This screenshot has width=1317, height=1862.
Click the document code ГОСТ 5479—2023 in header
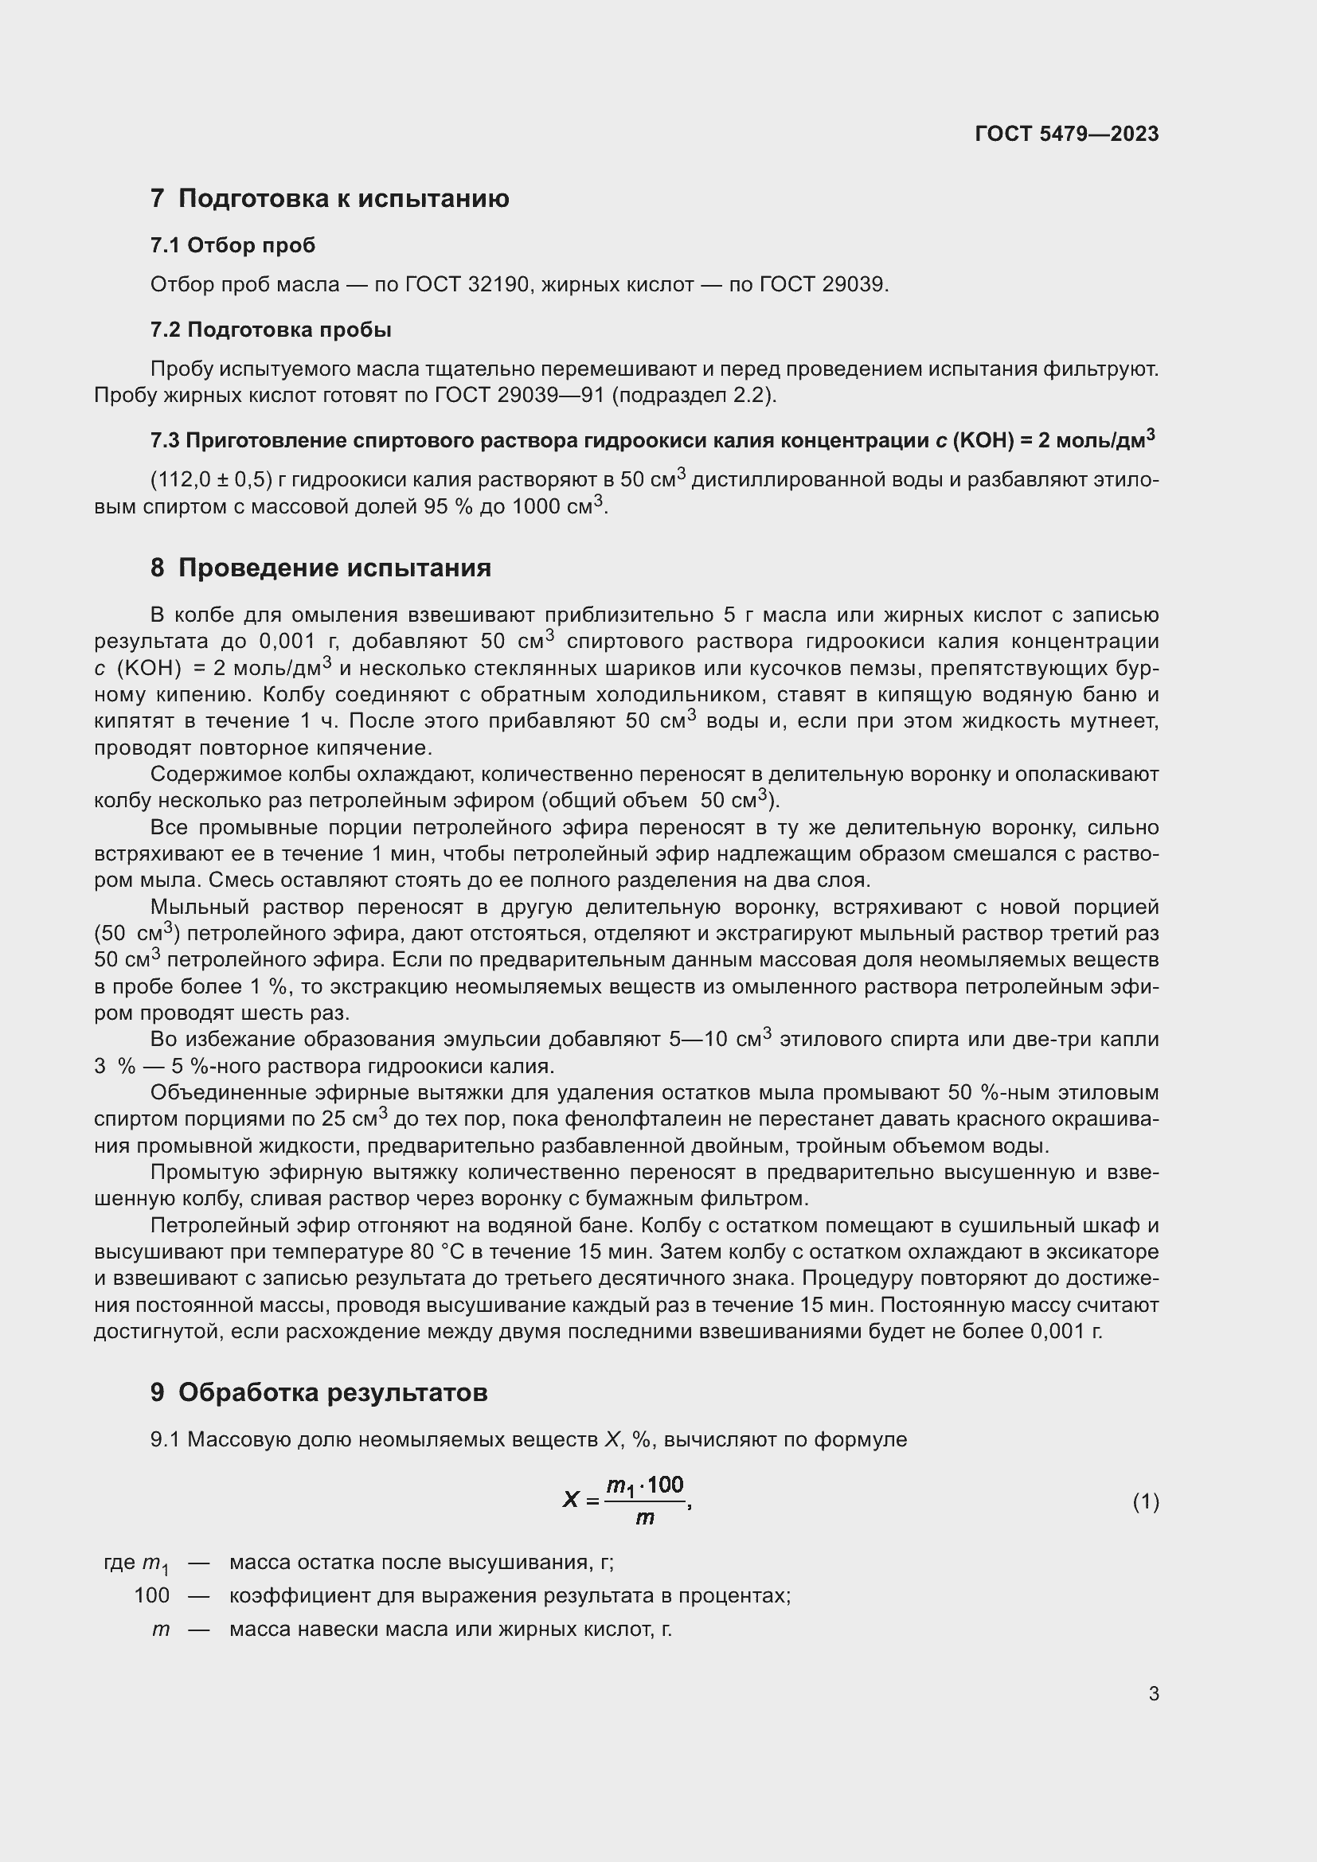coord(1066,134)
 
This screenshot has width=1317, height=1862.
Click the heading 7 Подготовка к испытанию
coord(330,199)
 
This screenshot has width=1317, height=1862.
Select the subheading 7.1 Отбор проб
coord(233,245)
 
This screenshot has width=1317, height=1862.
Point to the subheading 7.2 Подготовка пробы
coord(271,330)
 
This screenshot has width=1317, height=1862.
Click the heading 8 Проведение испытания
coord(320,568)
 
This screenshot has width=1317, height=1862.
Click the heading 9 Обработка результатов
coord(319,1392)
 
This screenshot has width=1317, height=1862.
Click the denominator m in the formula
coord(645,1517)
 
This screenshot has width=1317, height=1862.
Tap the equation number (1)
coord(1145,1502)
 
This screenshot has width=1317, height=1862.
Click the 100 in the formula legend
coord(151,1595)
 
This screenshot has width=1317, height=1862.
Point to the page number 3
coord(1153,1693)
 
